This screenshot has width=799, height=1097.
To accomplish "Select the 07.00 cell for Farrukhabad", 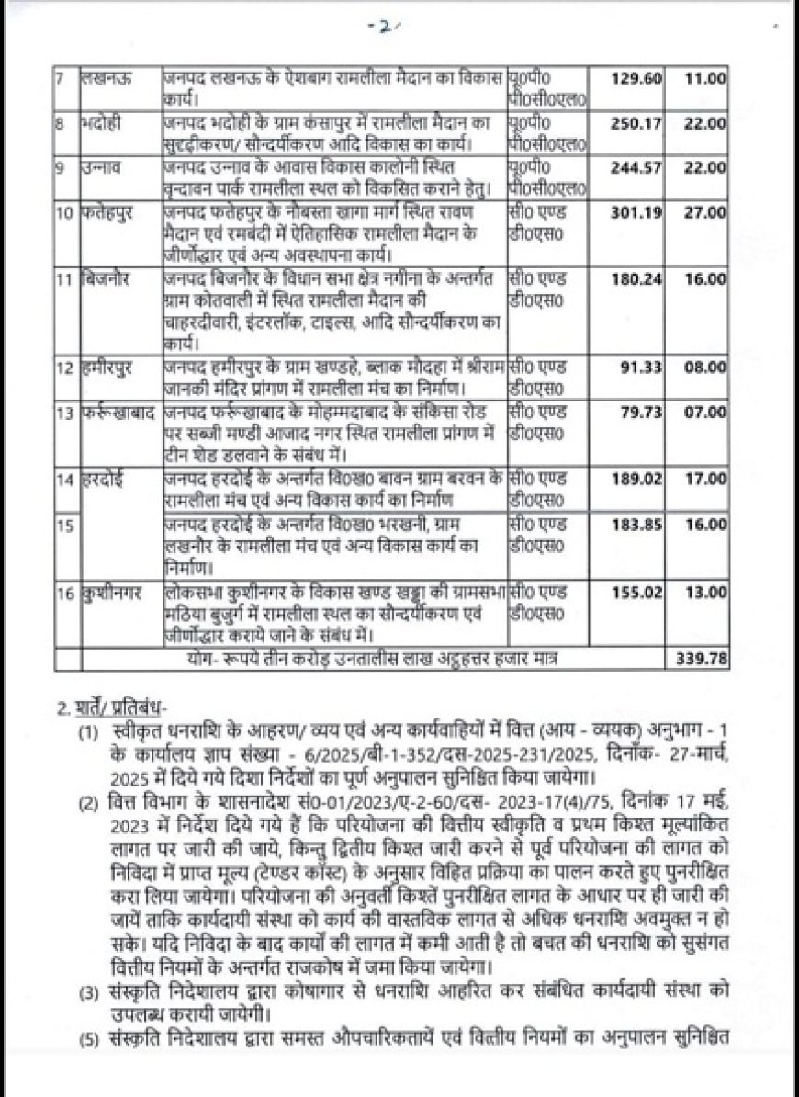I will point(706,412).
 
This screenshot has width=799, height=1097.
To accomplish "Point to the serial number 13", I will point(64,413).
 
